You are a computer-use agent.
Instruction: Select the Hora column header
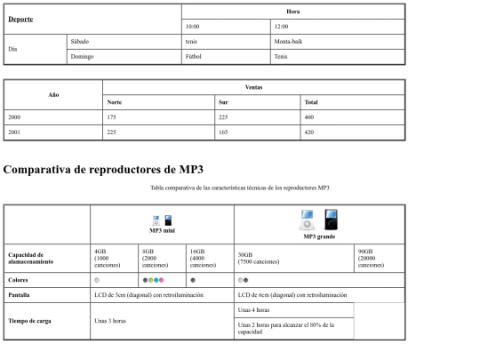coord(292,12)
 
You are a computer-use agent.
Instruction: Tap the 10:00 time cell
coord(192,27)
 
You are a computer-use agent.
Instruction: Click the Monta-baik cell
coord(288,42)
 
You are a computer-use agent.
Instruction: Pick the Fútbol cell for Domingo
coord(194,57)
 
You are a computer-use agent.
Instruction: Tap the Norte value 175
coord(112,116)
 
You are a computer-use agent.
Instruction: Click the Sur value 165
coord(224,132)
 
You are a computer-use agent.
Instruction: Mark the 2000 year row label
coord(14,116)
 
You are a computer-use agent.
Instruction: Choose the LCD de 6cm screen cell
coord(292,294)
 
